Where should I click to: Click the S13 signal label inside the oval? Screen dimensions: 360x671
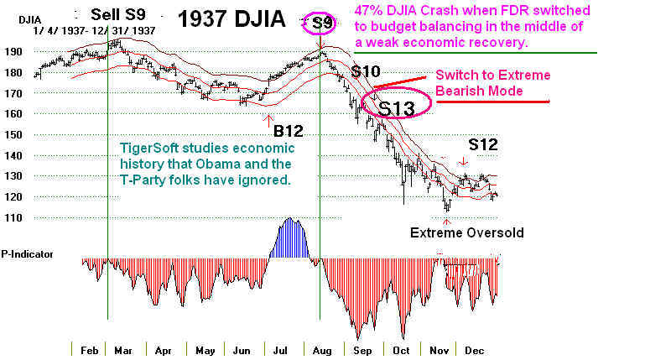coord(396,108)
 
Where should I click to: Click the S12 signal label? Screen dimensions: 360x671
coord(482,144)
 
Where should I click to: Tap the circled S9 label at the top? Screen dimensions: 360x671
coord(322,23)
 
